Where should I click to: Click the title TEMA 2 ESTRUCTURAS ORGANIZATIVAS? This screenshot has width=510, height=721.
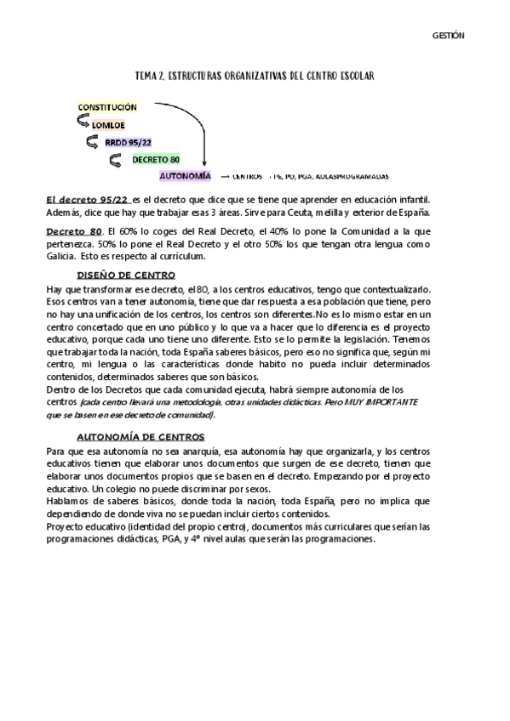pyautogui.click(x=255, y=77)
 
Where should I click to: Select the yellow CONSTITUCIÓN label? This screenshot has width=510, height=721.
pyautogui.click(x=107, y=108)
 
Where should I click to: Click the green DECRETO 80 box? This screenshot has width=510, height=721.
pyautogui.click(x=157, y=159)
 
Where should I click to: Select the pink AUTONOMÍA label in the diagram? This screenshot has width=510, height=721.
pyautogui.click(x=185, y=176)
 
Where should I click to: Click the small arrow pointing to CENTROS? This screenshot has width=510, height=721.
pyautogui.click(x=225, y=177)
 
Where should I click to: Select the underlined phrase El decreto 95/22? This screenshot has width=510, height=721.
pyautogui.click(x=88, y=198)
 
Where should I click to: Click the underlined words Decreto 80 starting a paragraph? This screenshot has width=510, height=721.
pyautogui.click(x=72, y=230)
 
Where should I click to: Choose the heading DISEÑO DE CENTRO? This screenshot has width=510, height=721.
pyautogui.click(x=126, y=275)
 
